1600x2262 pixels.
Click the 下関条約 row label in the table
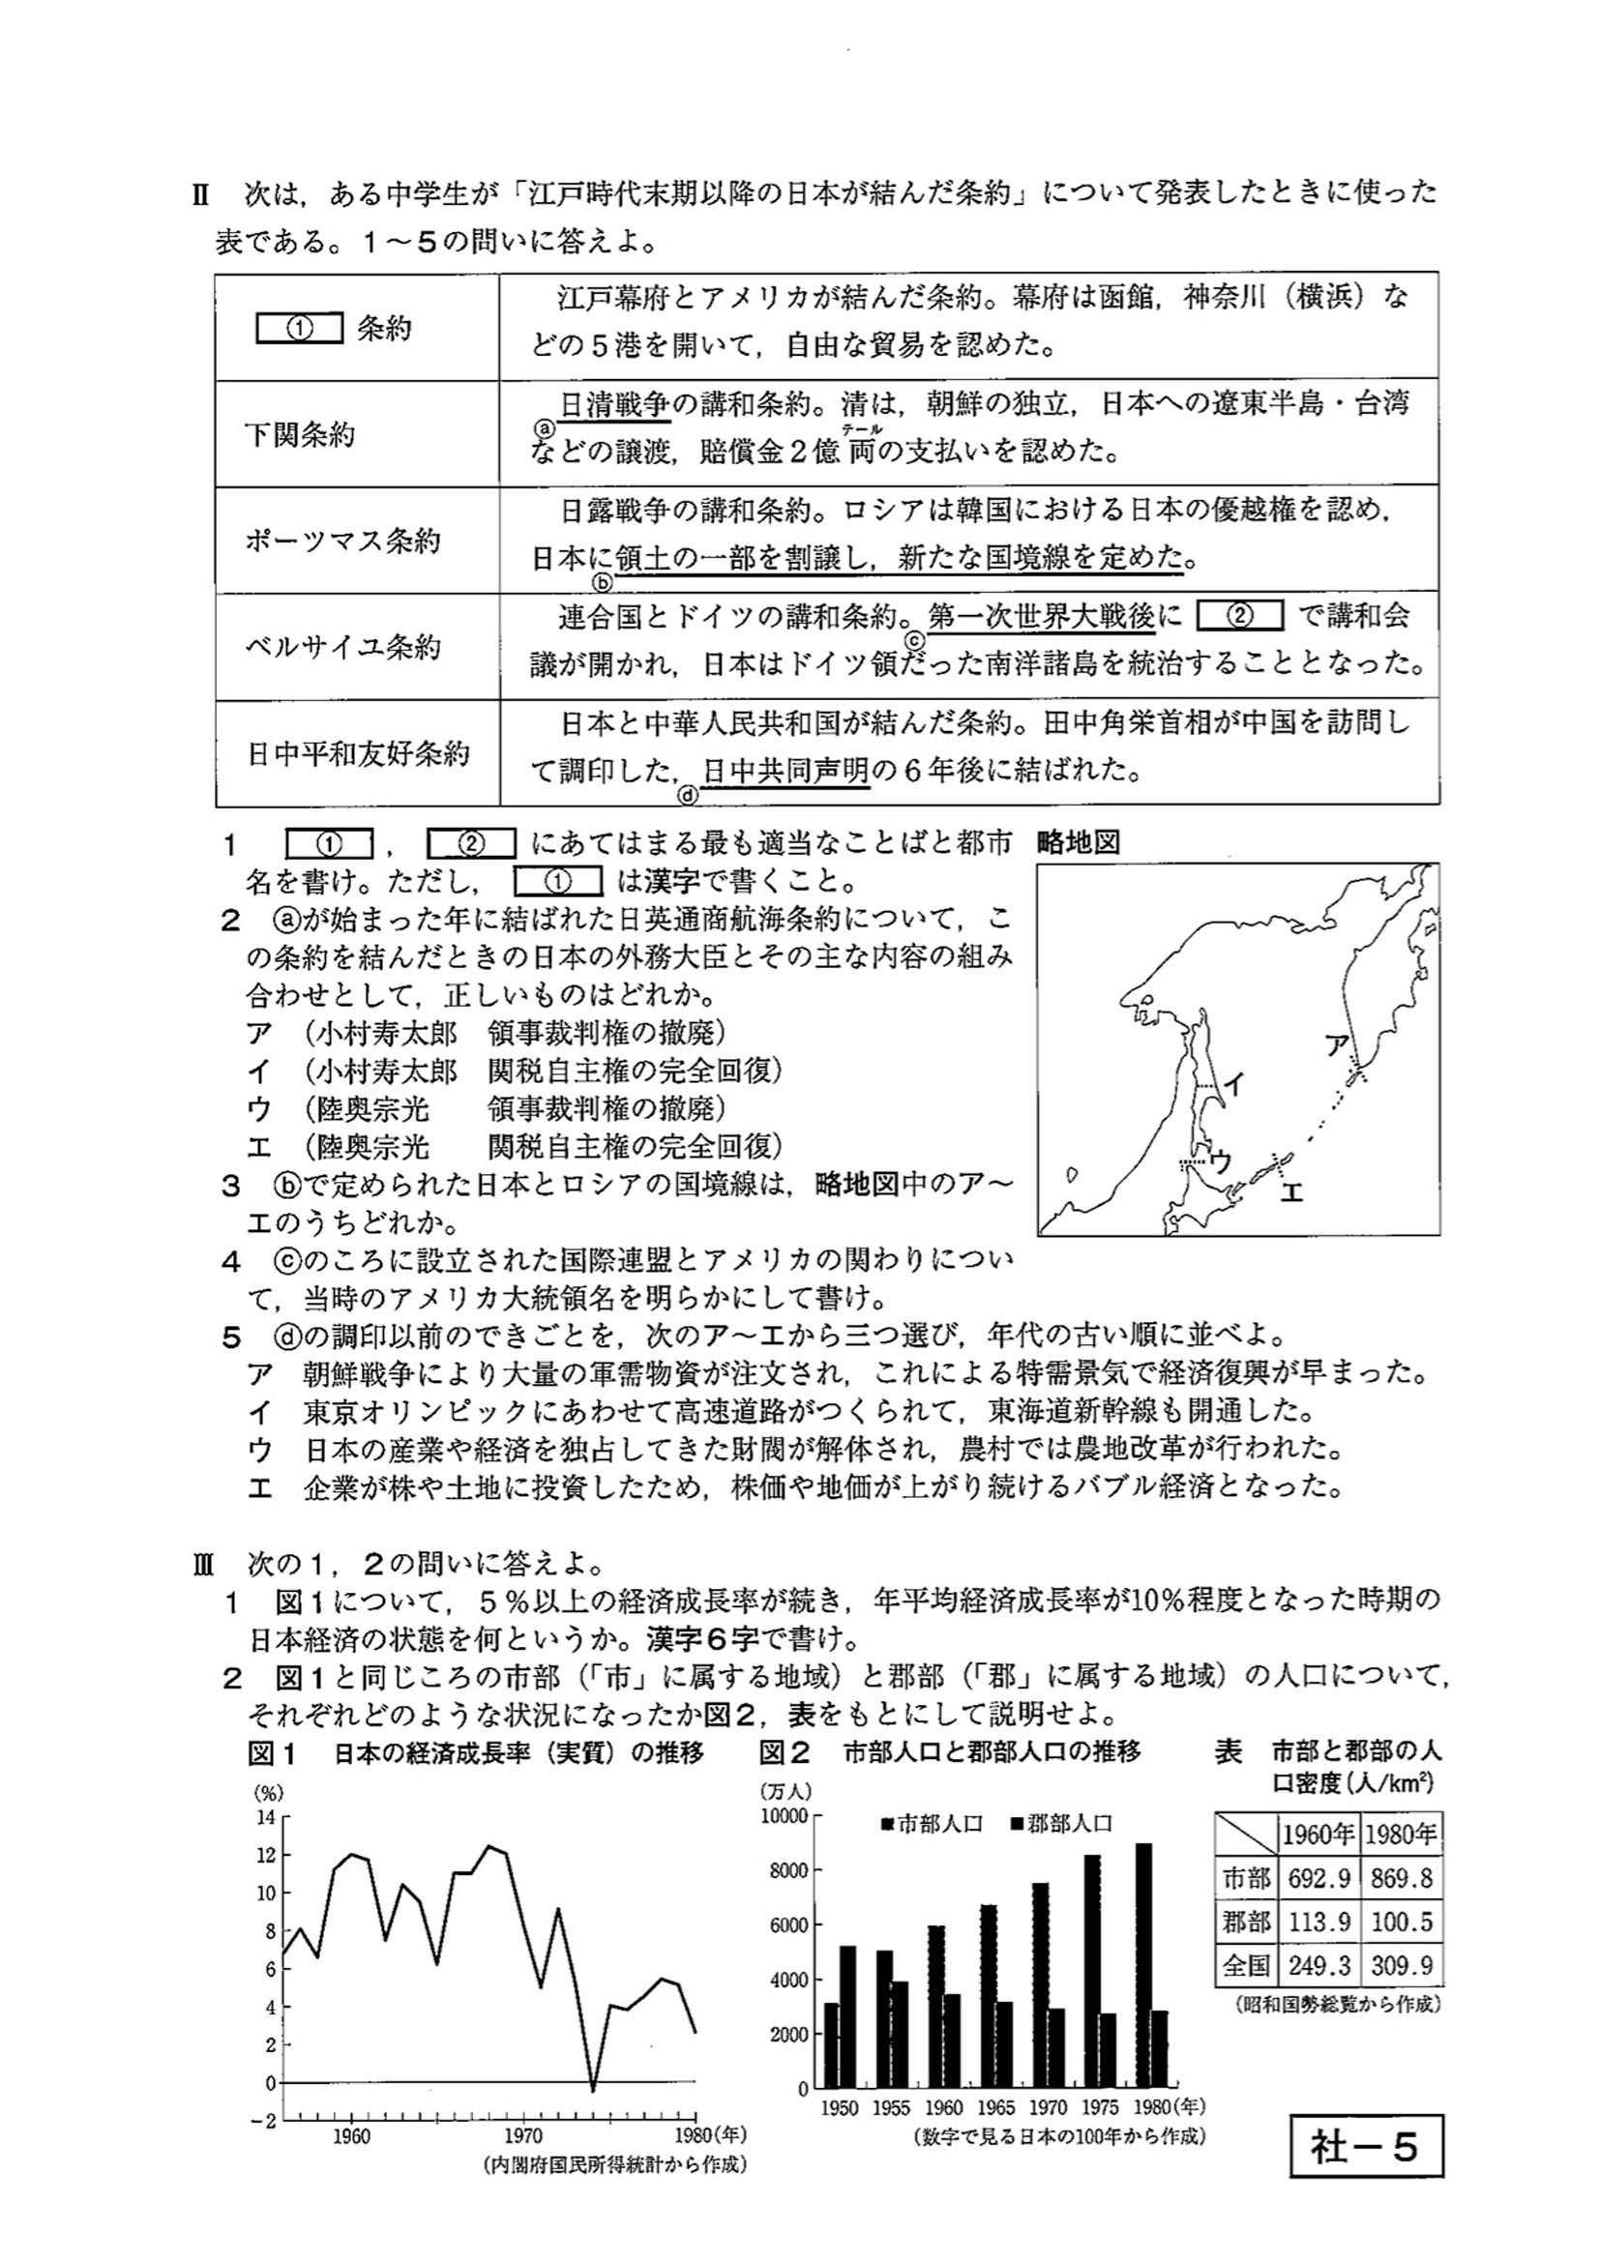click(300, 434)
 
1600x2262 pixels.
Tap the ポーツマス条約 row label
click(341, 541)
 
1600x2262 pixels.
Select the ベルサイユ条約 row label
click(341, 647)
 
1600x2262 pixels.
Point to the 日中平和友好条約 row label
click(358, 753)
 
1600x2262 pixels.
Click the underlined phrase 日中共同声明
click(786, 770)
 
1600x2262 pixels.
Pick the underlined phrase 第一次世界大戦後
click(1042, 617)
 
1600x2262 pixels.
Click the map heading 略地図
click(1078, 843)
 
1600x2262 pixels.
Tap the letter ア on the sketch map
click(1335, 1045)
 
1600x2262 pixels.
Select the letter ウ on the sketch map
click(1220, 1161)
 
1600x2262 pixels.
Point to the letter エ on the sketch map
click(1290, 1192)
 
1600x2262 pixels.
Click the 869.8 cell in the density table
click(1401, 1879)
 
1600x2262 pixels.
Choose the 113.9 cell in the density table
click(1319, 1923)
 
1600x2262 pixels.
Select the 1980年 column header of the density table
click(1401, 1835)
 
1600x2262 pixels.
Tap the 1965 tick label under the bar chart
click(995, 2107)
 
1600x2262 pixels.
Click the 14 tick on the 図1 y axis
click(266, 1818)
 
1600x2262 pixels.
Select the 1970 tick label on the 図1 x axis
click(523, 2135)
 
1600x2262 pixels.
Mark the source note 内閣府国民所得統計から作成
click(615, 2164)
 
